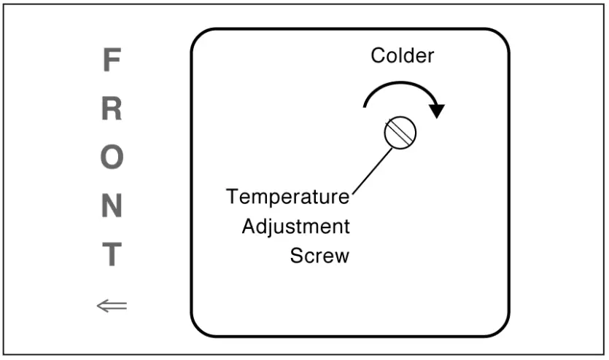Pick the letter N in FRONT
(110, 207)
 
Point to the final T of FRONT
(110, 255)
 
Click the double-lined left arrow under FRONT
(112, 305)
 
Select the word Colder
(402, 56)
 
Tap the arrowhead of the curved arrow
(437, 111)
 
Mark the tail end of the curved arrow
(365, 107)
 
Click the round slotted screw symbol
(400, 132)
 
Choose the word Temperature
(287, 197)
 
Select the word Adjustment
(296, 227)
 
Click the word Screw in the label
(319, 256)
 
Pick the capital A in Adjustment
(249, 227)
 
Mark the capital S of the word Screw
(296, 256)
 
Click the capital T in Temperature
(233, 197)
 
